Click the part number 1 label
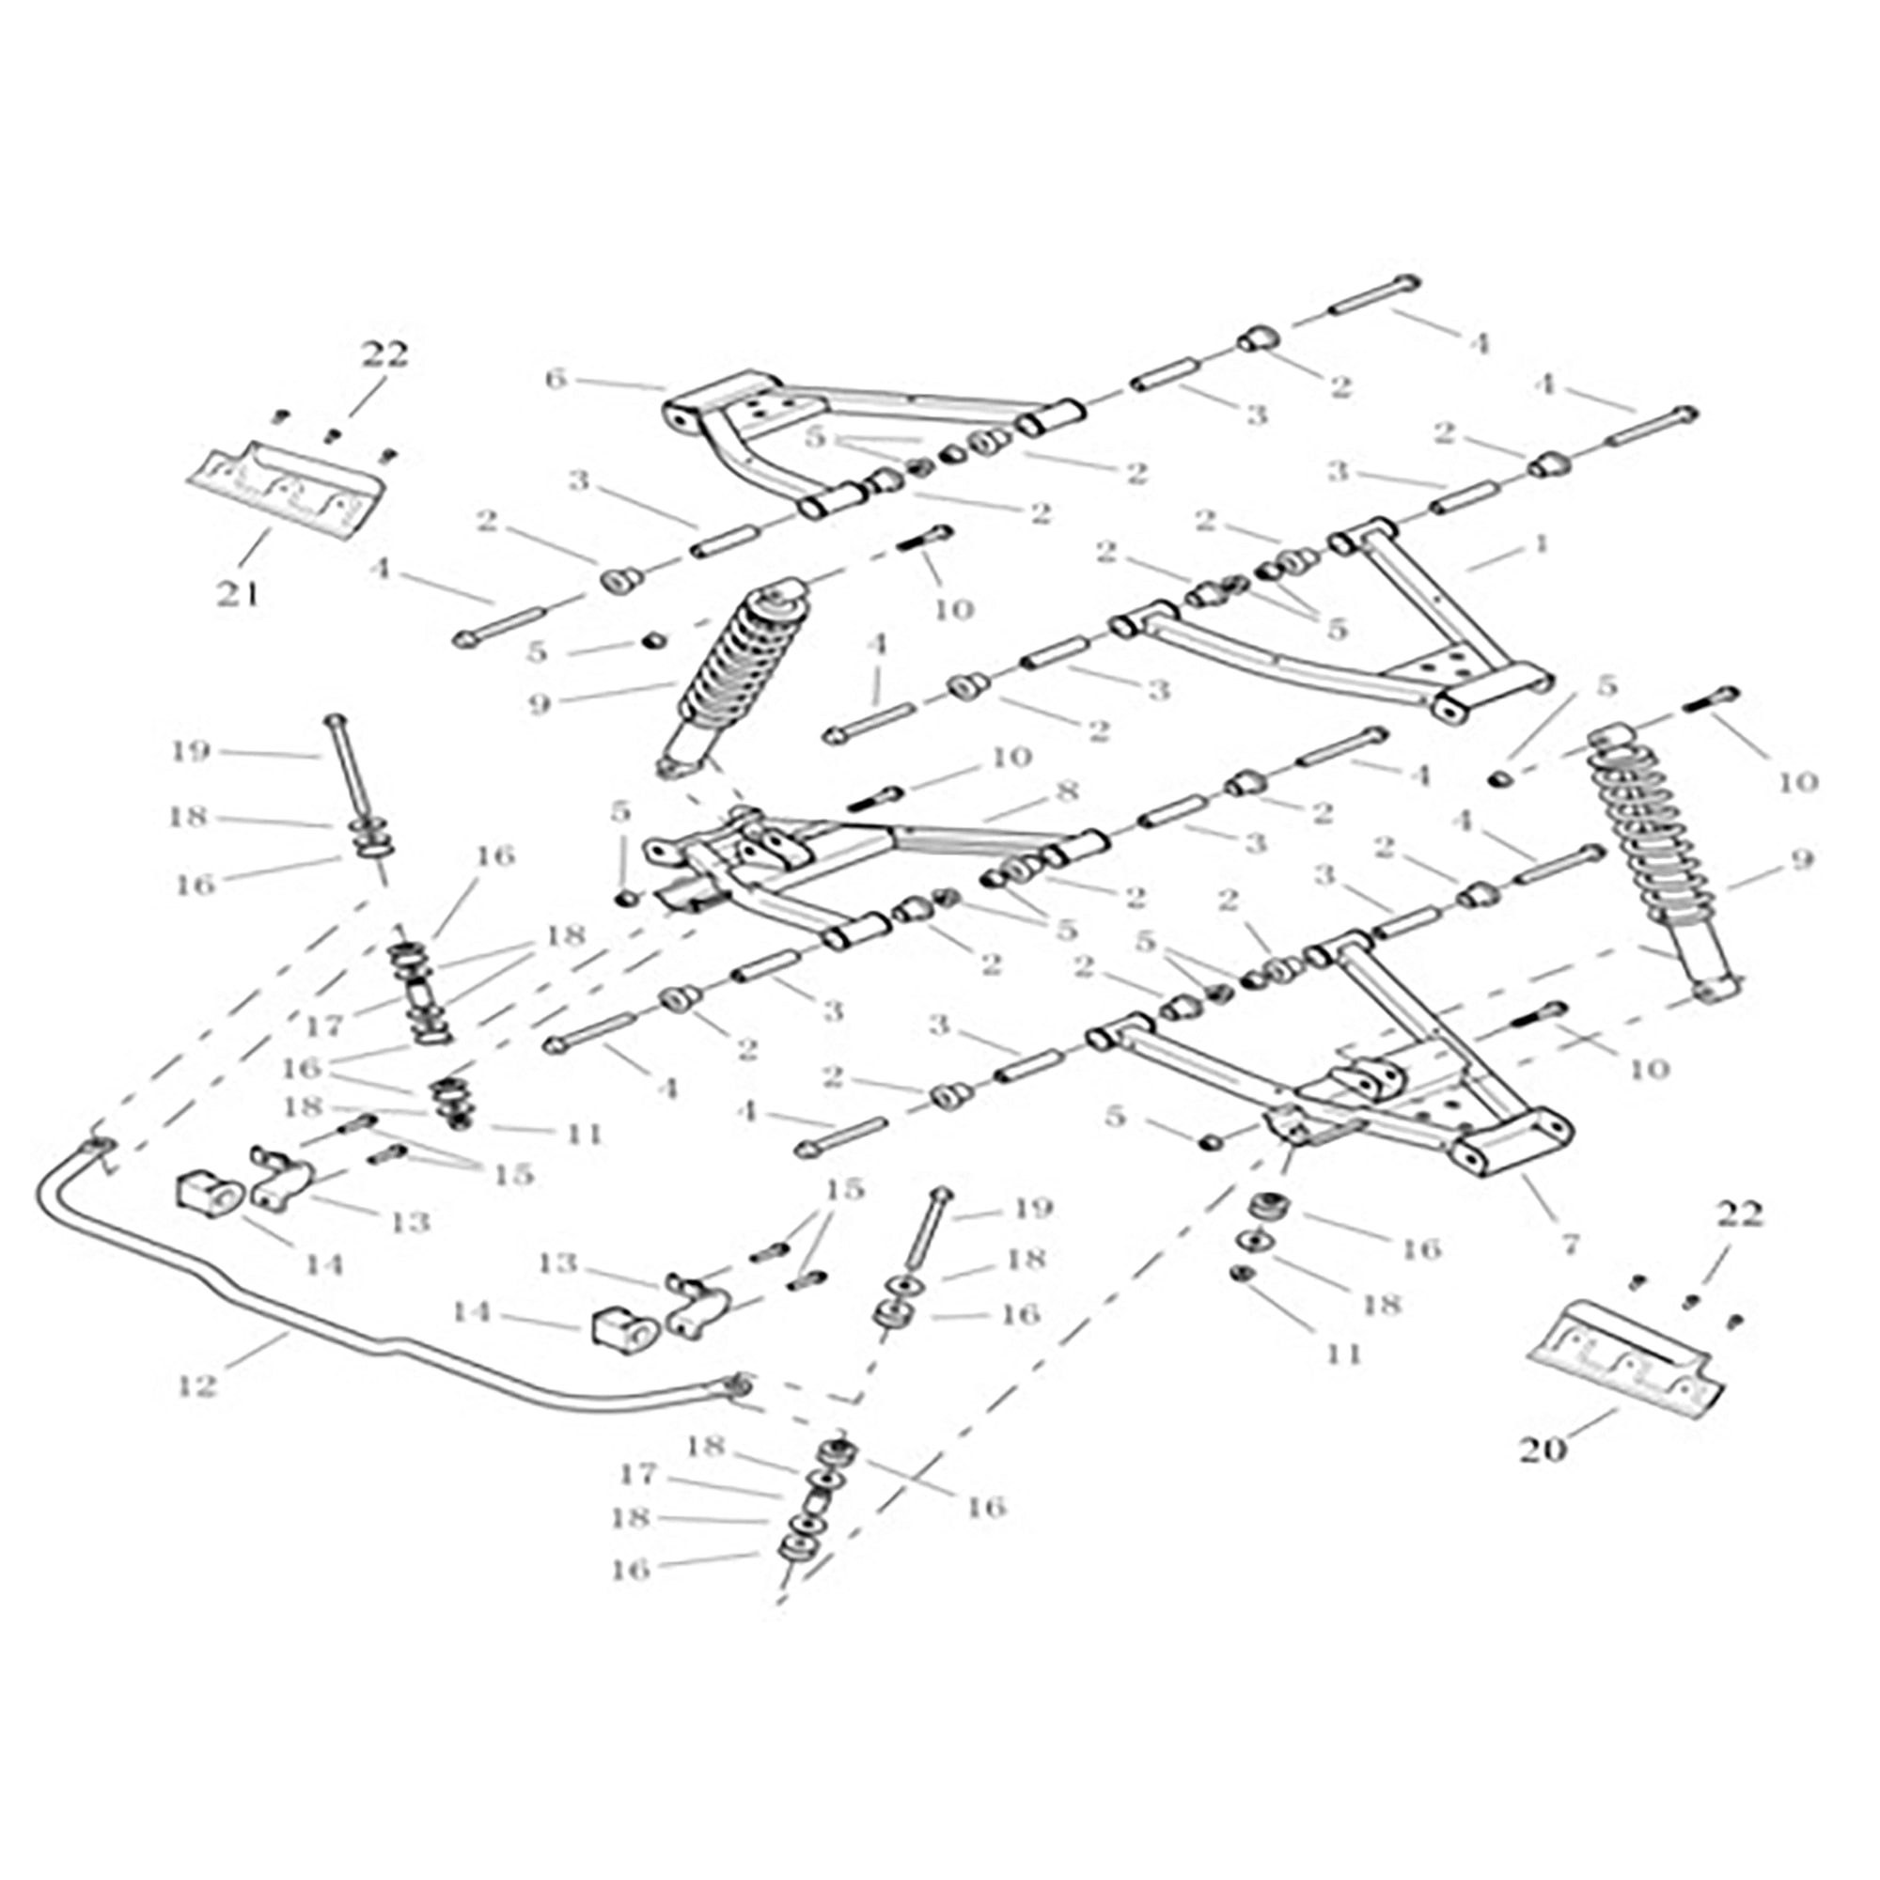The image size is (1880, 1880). (1539, 544)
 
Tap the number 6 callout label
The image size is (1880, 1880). (555, 379)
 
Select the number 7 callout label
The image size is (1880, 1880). (1570, 1243)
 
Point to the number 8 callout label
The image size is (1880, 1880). (1068, 791)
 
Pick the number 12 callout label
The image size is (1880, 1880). (196, 1385)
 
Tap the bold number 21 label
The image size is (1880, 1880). (239, 592)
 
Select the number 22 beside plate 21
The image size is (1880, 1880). (385, 355)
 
